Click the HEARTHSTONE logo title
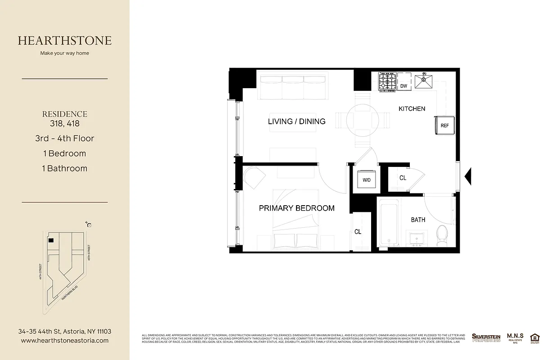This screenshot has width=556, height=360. (65, 40)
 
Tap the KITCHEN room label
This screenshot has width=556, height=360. (412, 108)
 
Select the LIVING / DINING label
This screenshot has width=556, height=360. (296, 121)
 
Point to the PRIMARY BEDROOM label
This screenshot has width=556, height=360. (296, 208)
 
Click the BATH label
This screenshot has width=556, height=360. (418, 220)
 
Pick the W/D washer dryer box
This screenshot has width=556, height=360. (366, 180)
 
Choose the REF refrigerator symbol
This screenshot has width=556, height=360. (444, 125)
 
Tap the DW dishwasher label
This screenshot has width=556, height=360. (404, 86)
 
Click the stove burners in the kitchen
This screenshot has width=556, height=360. (387, 82)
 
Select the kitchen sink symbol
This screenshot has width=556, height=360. (423, 81)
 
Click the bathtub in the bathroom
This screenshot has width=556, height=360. (388, 224)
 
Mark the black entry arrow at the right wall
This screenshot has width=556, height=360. (468, 175)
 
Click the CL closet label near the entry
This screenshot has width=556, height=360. (403, 178)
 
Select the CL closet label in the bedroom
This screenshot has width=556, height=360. (358, 232)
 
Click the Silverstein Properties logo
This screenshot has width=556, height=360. (486, 337)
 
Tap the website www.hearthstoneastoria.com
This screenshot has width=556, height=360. (65, 341)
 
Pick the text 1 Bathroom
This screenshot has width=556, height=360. (65, 168)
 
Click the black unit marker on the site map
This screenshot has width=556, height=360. (51, 241)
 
